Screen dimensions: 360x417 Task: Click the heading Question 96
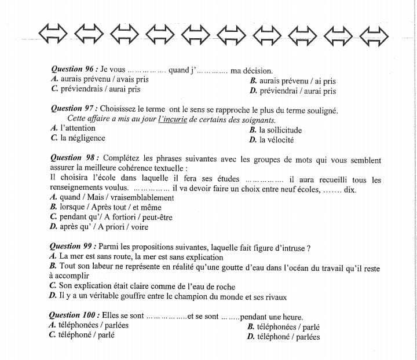(74, 70)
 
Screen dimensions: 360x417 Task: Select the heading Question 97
(74, 109)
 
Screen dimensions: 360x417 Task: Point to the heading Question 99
(74, 248)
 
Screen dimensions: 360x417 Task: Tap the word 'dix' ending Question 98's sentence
(350, 189)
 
